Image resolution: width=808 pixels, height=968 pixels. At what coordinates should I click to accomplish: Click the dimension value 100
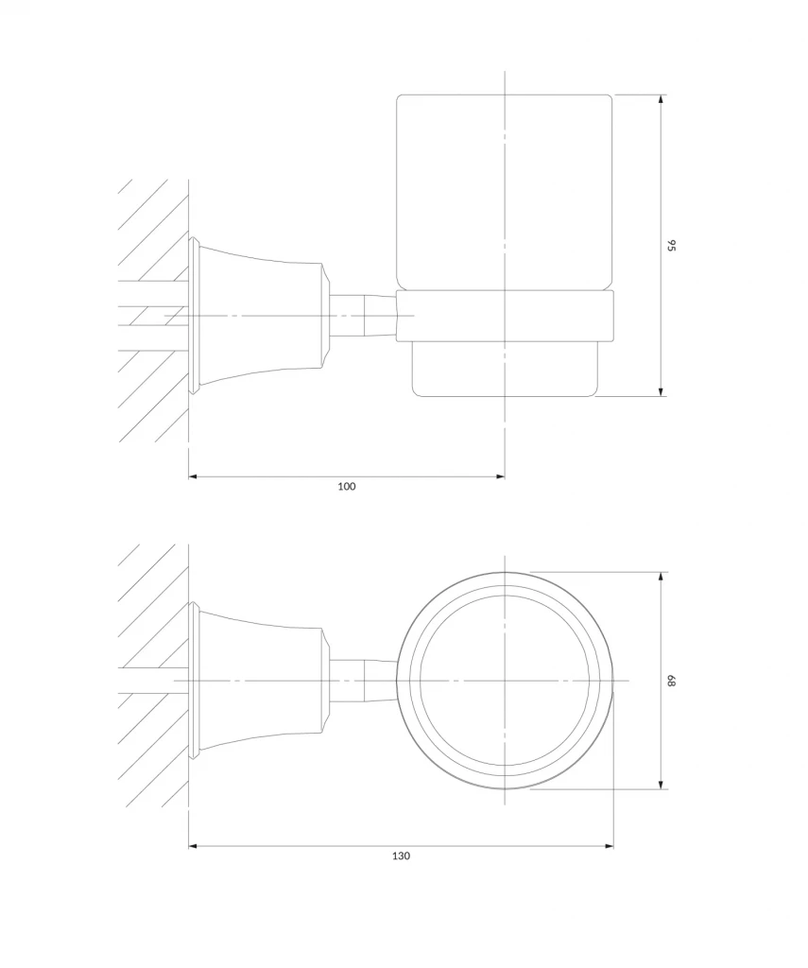pos(346,487)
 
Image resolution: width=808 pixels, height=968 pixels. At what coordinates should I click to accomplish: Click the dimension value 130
pos(402,856)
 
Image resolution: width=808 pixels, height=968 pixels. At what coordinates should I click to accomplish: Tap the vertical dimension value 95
pos(672,245)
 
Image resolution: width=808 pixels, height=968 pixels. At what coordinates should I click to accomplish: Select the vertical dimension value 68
pos(672,681)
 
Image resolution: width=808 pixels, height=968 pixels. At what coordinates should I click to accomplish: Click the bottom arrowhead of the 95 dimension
pos(661,390)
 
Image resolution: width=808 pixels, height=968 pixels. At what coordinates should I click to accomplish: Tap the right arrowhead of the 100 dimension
pos(499,476)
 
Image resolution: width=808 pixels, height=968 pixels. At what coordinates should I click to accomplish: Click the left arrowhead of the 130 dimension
pos(194,846)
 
